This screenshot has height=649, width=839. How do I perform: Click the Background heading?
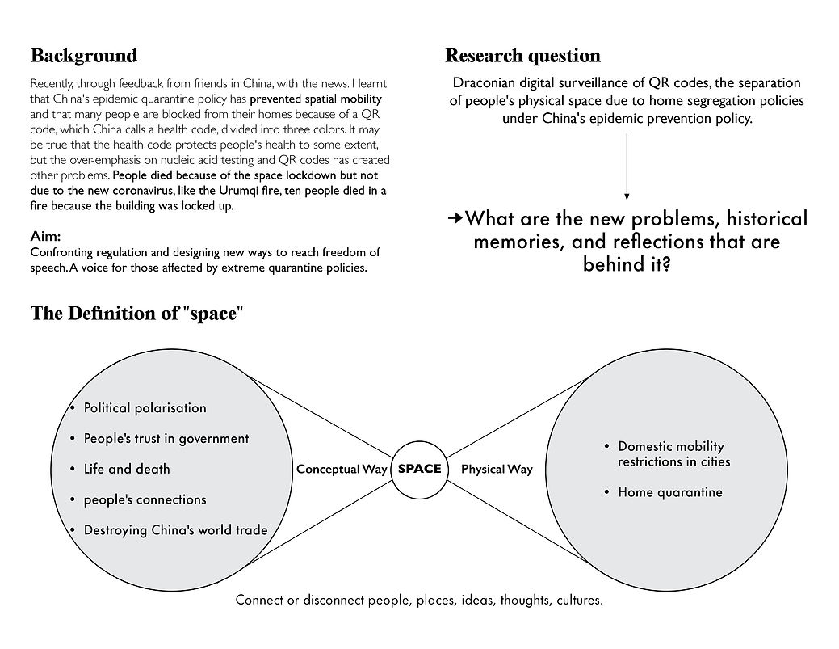coord(84,57)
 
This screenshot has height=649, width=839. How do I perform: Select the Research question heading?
coord(522,57)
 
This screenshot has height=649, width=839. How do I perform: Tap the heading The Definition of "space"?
coord(137,314)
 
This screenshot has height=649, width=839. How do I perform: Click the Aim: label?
coord(45,236)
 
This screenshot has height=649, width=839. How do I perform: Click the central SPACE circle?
coord(420,470)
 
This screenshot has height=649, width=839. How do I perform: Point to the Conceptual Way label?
coord(342,469)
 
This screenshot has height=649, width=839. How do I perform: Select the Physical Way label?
coord(497,469)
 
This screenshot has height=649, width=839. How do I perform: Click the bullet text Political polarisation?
coord(145,408)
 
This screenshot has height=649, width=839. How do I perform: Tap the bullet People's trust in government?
coord(166,439)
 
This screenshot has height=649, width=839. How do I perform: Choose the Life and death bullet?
coord(127,469)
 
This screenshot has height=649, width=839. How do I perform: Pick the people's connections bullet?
coord(145,499)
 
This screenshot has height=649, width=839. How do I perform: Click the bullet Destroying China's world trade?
coord(175,530)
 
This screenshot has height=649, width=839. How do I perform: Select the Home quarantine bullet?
coord(670,492)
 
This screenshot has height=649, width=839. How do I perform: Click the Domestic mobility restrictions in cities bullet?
coord(674,454)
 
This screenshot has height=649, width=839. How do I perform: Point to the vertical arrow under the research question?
coord(627,167)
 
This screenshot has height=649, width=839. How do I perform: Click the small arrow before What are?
coord(455,218)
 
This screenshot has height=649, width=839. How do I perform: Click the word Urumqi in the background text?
coord(238,191)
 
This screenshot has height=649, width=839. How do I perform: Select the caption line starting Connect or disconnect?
coord(419,601)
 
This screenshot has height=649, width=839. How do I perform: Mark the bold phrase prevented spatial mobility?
coord(316,99)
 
